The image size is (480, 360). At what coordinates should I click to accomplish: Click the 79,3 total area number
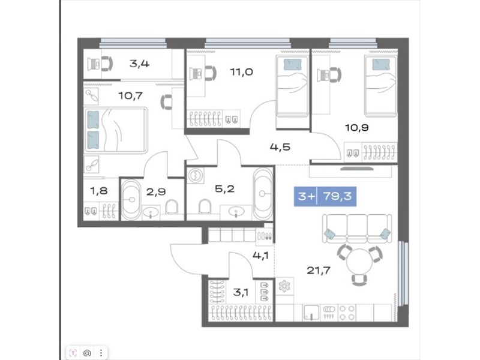click(337, 196)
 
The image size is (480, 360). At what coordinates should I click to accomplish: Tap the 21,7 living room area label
click(319, 271)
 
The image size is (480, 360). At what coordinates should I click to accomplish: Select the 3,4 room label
click(139, 64)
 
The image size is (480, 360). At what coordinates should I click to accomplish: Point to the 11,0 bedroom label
click(241, 72)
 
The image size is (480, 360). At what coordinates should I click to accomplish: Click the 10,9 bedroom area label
click(356, 127)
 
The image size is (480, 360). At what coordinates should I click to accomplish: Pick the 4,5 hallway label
click(280, 147)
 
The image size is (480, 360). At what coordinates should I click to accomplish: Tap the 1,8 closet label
click(99, 191)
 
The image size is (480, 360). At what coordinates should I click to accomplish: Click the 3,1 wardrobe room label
click(241, 292)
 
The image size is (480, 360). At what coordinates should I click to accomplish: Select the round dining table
click(359, 261)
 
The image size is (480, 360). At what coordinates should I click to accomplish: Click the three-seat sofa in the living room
click(357, 229)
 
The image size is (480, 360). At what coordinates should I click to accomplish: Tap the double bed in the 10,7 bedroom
click(116, 130)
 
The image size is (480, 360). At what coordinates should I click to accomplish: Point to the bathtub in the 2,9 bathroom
click(131, 200)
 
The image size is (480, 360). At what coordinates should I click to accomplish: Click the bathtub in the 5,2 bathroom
click(263, 193)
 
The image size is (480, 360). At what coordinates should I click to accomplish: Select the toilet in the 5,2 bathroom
click(205, 206)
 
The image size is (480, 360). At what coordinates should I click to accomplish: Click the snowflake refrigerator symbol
click(284, 287)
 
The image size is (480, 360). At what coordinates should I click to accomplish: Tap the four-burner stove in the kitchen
click(347, 313)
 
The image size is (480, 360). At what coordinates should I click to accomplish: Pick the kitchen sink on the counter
click(311, 313)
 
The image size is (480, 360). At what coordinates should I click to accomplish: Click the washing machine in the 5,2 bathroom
click(195, 175)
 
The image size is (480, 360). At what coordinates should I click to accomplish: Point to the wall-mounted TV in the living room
click(357, 169)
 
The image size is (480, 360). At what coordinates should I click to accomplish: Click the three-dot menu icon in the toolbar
click(101, 353)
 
